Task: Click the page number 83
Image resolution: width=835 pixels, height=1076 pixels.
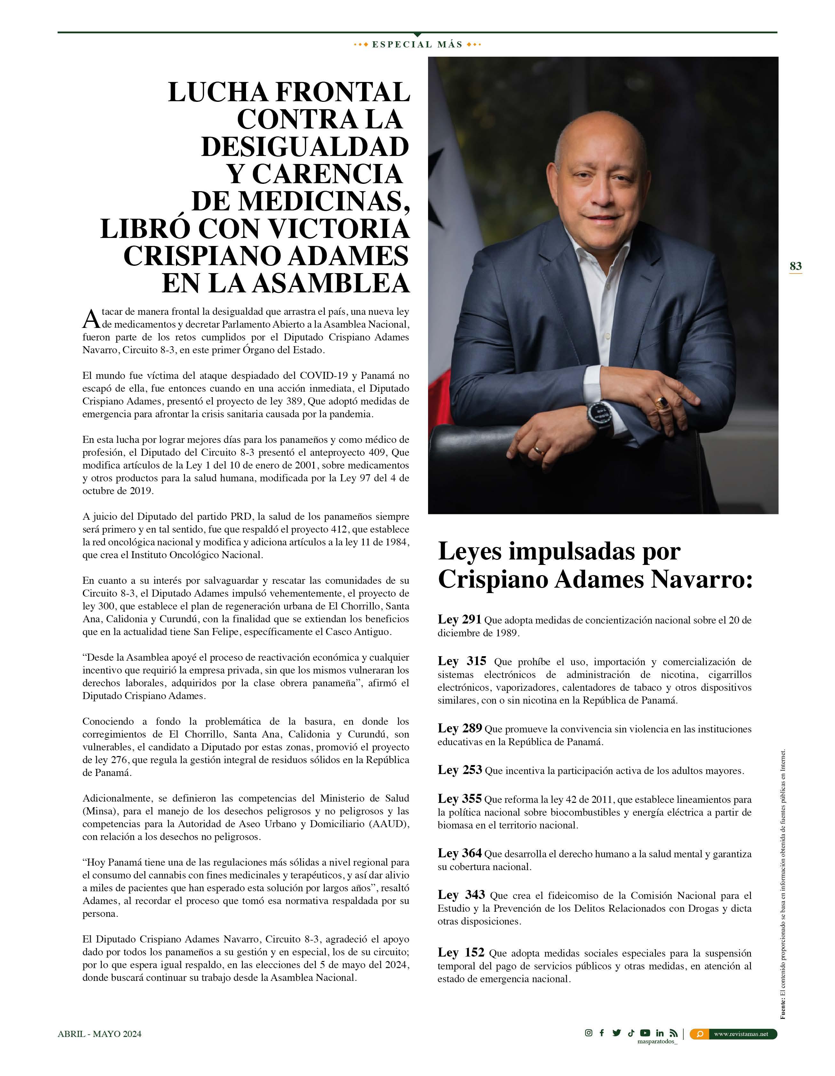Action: [795, 266]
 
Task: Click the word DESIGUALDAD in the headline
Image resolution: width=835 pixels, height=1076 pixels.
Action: [305, 147]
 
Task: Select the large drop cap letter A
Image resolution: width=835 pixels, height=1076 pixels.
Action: [91, 319]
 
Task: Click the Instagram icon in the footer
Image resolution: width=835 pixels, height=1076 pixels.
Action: [588, 1033]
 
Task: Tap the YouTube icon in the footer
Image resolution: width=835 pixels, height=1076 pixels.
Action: [645, 1033]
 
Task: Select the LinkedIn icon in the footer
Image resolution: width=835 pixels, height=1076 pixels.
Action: [660, 1033]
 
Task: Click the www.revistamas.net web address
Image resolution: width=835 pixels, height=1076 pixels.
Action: [741, 1034]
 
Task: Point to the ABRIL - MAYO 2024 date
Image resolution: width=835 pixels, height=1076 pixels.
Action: [99, 1034]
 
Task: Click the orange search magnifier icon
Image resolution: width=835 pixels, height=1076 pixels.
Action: [700, 1034]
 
